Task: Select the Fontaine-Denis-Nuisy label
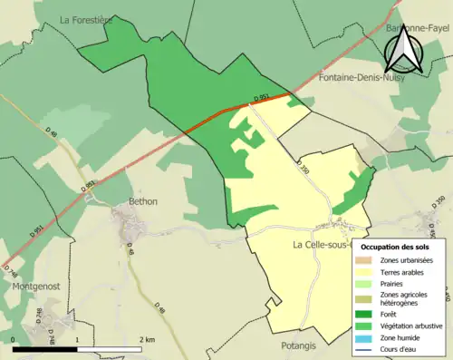pos(362,79)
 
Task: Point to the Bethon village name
pos(143,201)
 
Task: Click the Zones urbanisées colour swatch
pos(365,261)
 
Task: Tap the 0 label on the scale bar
pos(14,339)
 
